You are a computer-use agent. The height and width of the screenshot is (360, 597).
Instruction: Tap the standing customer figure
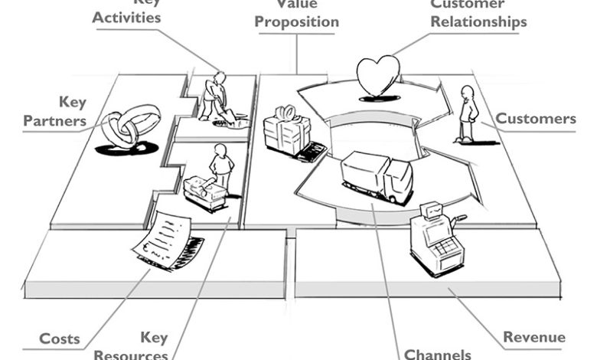pyautogui.click(x=466, y=113)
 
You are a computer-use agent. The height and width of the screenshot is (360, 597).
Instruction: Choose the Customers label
pyautogui.click(x=536, y=119)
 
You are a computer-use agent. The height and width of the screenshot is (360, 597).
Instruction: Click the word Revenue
pyautogui.click(x=534, y=337)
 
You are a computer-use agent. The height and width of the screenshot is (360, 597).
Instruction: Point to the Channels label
pyautogui.click(x=437, y=354)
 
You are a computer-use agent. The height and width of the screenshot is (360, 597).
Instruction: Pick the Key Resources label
pyautogui.click(x=142, y=346)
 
